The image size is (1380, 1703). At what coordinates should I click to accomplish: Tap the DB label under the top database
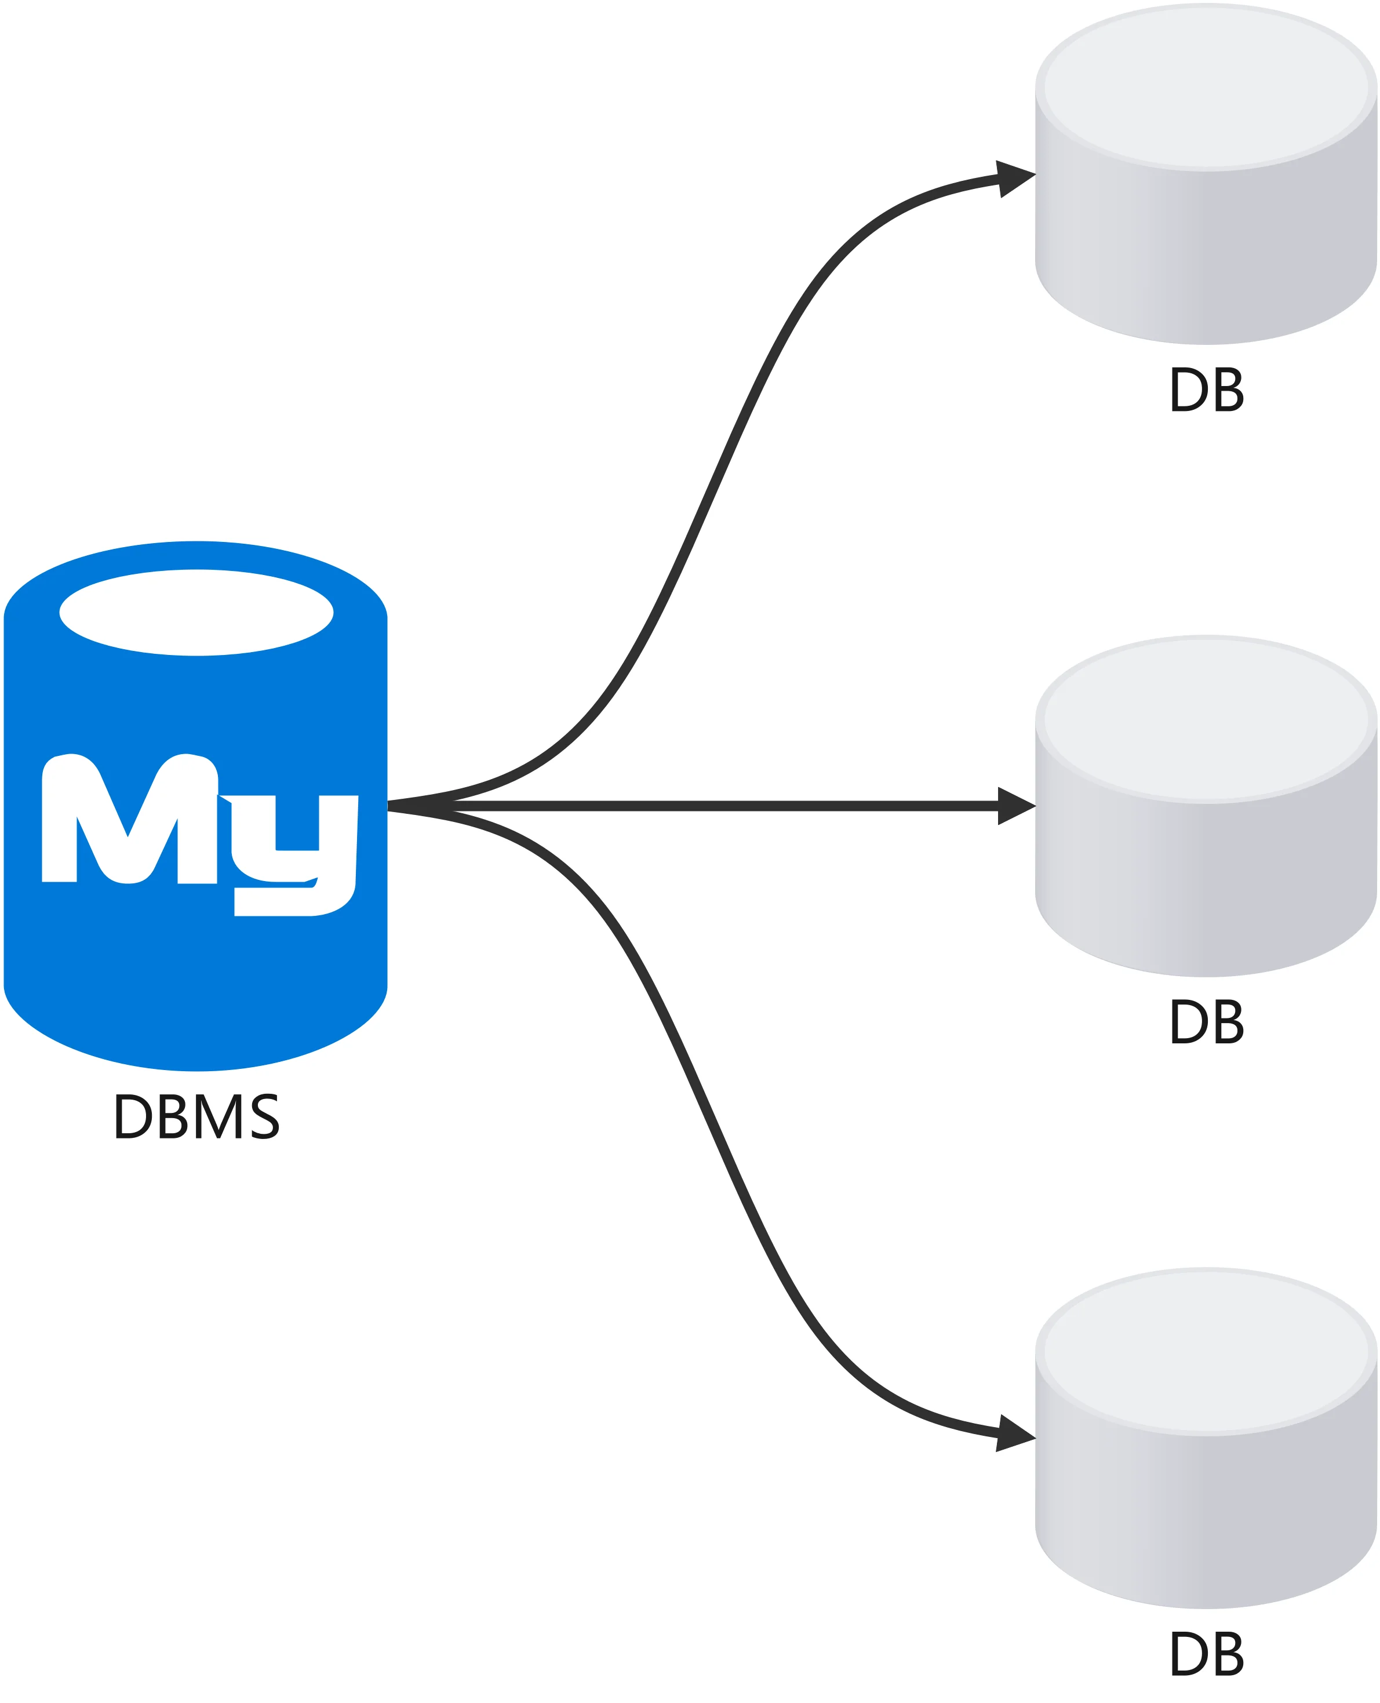click(x=1207, y=390)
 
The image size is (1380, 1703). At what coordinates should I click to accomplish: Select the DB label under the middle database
click(x=1207, y=1022)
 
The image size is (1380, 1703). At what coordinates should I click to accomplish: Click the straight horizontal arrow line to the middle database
click(x=715, y=806)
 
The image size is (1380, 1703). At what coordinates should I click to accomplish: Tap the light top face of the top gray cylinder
click(x=1207, y=88)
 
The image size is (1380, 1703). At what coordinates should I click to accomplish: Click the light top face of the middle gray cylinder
click(x=1207, y=719)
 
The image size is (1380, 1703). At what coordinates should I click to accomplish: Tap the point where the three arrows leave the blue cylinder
click(x=389, y=806)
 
